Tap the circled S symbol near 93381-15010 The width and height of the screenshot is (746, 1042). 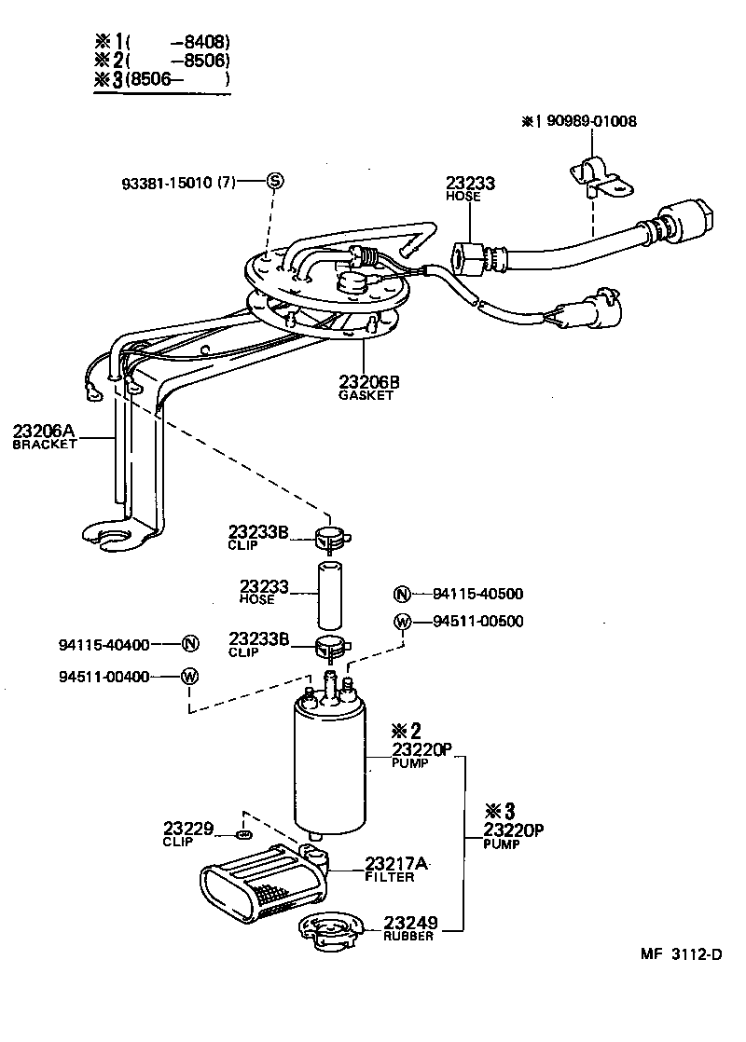tap(274, 181)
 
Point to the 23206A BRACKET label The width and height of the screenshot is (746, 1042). tap(43, 437)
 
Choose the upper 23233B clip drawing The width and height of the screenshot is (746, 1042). tap(331, 537)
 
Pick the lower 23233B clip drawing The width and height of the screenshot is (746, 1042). tap(331, 643)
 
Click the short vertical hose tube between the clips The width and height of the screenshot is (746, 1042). tap(331, 594)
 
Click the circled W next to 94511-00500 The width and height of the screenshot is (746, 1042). tap(402, 622)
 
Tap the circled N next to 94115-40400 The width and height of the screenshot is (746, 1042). tap(189, 643)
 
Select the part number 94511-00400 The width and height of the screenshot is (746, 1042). tap(104, 677)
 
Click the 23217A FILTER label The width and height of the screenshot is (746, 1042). tap(395, 869)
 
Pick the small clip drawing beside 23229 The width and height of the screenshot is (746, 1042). tap(245, 832)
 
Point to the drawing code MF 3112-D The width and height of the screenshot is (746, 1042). tap(681, 954)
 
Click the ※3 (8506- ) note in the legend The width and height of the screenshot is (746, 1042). tap(160, 79)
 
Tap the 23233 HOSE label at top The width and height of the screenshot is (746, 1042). tap(470, 189)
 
